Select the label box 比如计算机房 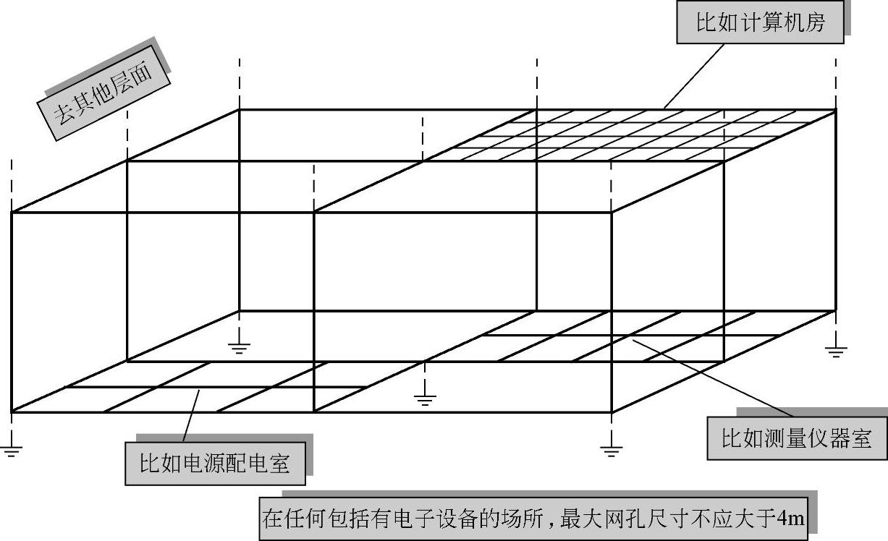(x=760, y=23)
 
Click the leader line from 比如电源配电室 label (x=191, y=415)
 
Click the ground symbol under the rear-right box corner (x=836, y=352)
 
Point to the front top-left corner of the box (x=12, y=212)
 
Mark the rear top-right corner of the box (x=836, y=110)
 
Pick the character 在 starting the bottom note (x=271, y=519)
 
